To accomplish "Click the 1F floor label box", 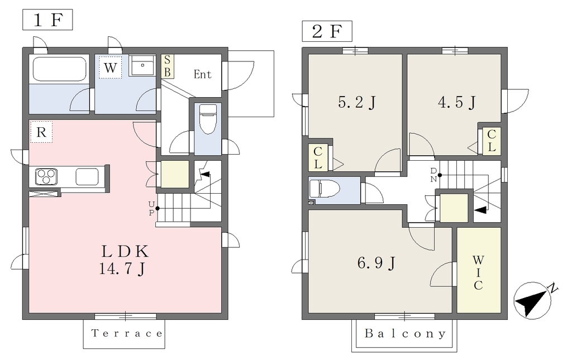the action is coord(47,20).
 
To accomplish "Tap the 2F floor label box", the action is coord(327,31).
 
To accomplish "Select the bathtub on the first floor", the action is coord(59,69).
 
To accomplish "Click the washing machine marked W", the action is coord(110,68).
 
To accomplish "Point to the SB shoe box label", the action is coord(168,66).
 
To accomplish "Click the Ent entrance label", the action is coord(202,74).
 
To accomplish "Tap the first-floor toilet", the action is coord(208,119).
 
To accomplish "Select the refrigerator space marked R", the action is coord(41,132).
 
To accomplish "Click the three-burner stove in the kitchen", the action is coord(46,177).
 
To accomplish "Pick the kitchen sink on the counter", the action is coord(87,177).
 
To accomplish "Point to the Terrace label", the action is coord(127,333).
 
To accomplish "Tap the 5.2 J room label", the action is coord(356,102).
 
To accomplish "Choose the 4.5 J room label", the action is coord(456,102).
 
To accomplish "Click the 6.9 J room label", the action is coord(376,262).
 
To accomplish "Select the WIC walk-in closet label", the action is coord(478,272).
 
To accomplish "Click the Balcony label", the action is coord(405,333).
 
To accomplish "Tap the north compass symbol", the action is coord(533,300).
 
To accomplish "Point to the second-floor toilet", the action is coord(325,189).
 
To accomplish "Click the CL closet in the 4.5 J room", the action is coord(492,141).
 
